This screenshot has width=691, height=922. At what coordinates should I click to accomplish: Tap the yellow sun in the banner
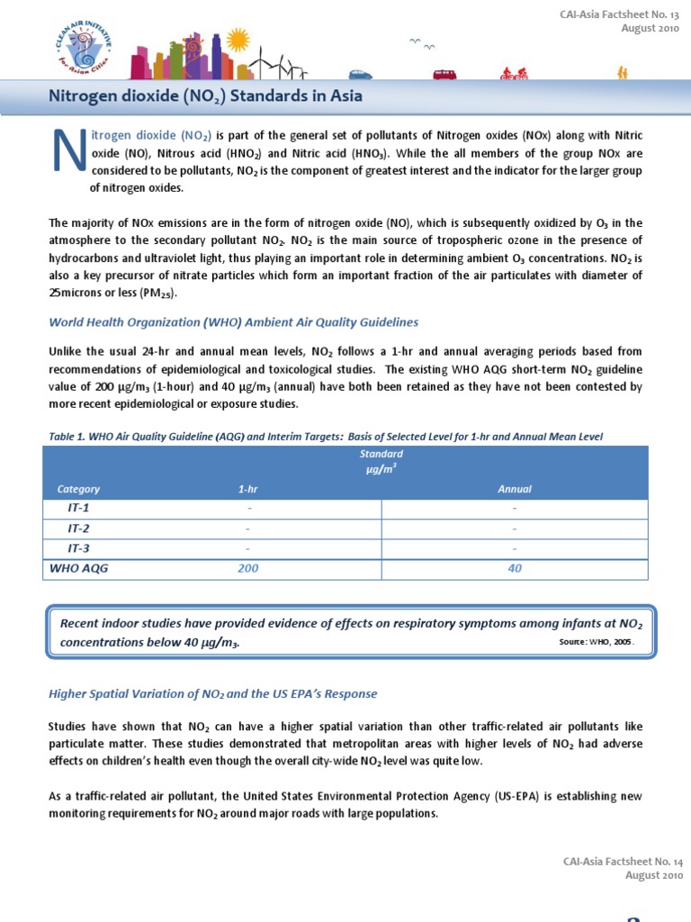coord(238,39)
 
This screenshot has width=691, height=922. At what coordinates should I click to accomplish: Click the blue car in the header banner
coord(360,75)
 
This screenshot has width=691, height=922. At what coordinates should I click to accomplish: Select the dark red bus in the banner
coord(444,75)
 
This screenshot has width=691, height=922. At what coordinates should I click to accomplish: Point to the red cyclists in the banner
coord(515,74)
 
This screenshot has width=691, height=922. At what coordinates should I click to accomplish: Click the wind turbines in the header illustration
coord(279,63)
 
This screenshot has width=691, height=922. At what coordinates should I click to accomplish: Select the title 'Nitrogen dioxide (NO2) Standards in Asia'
coord(205,96)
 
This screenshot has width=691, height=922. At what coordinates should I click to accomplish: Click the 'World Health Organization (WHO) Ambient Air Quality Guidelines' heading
coord(233,321)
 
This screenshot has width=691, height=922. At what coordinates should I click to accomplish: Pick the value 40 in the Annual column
coord(515,569)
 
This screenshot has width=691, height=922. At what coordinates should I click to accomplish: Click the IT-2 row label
coord(78,528)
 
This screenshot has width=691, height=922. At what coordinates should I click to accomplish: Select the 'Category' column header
coord(78,489)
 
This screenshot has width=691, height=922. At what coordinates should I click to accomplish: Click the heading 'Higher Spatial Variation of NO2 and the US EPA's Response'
coord(212,693)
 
